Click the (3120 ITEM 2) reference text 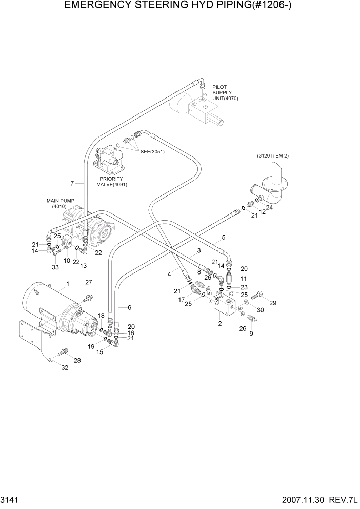coord(273,155)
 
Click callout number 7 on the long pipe coord(73,183)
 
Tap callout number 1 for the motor coord(67,283)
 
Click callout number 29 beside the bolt coord(273,303)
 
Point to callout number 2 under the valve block coord(220,324)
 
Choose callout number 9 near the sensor coord(251,334)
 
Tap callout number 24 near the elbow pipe coord(269,208)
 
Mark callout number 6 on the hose coord(129,307)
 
